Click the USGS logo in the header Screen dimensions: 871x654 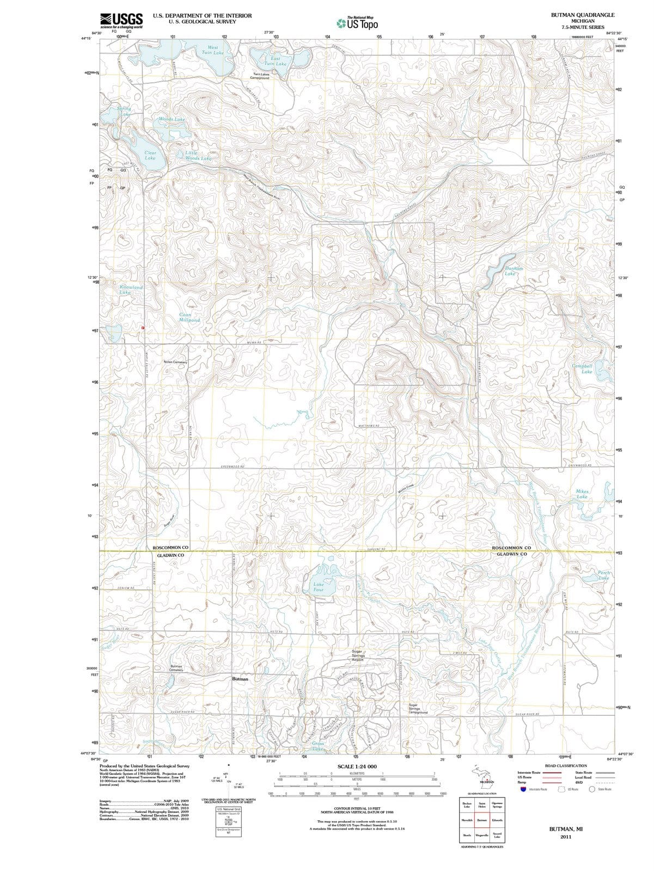click(121, 20)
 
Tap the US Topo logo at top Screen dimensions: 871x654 click(357, 23)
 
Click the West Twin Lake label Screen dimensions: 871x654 click(212, 50)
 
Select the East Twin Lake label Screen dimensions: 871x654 click(275, 60)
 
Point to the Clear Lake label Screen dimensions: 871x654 click(150, 155)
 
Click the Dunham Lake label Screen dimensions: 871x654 click(514, 271)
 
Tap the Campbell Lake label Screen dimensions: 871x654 click(582, 369)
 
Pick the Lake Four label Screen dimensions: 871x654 click(319, 587)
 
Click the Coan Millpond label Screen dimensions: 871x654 click(190, 317)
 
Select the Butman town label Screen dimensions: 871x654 click(240, 679)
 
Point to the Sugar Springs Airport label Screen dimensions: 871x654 click(358, 655)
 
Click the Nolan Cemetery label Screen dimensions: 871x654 click(175, 362)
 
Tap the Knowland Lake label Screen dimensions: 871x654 click(130, 290)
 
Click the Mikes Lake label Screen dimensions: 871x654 click(582, 494)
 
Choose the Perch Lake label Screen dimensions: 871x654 click(604, 575)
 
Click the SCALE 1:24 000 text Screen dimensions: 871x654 click(357, 766)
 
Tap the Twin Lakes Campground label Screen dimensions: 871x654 click(261, 76)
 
